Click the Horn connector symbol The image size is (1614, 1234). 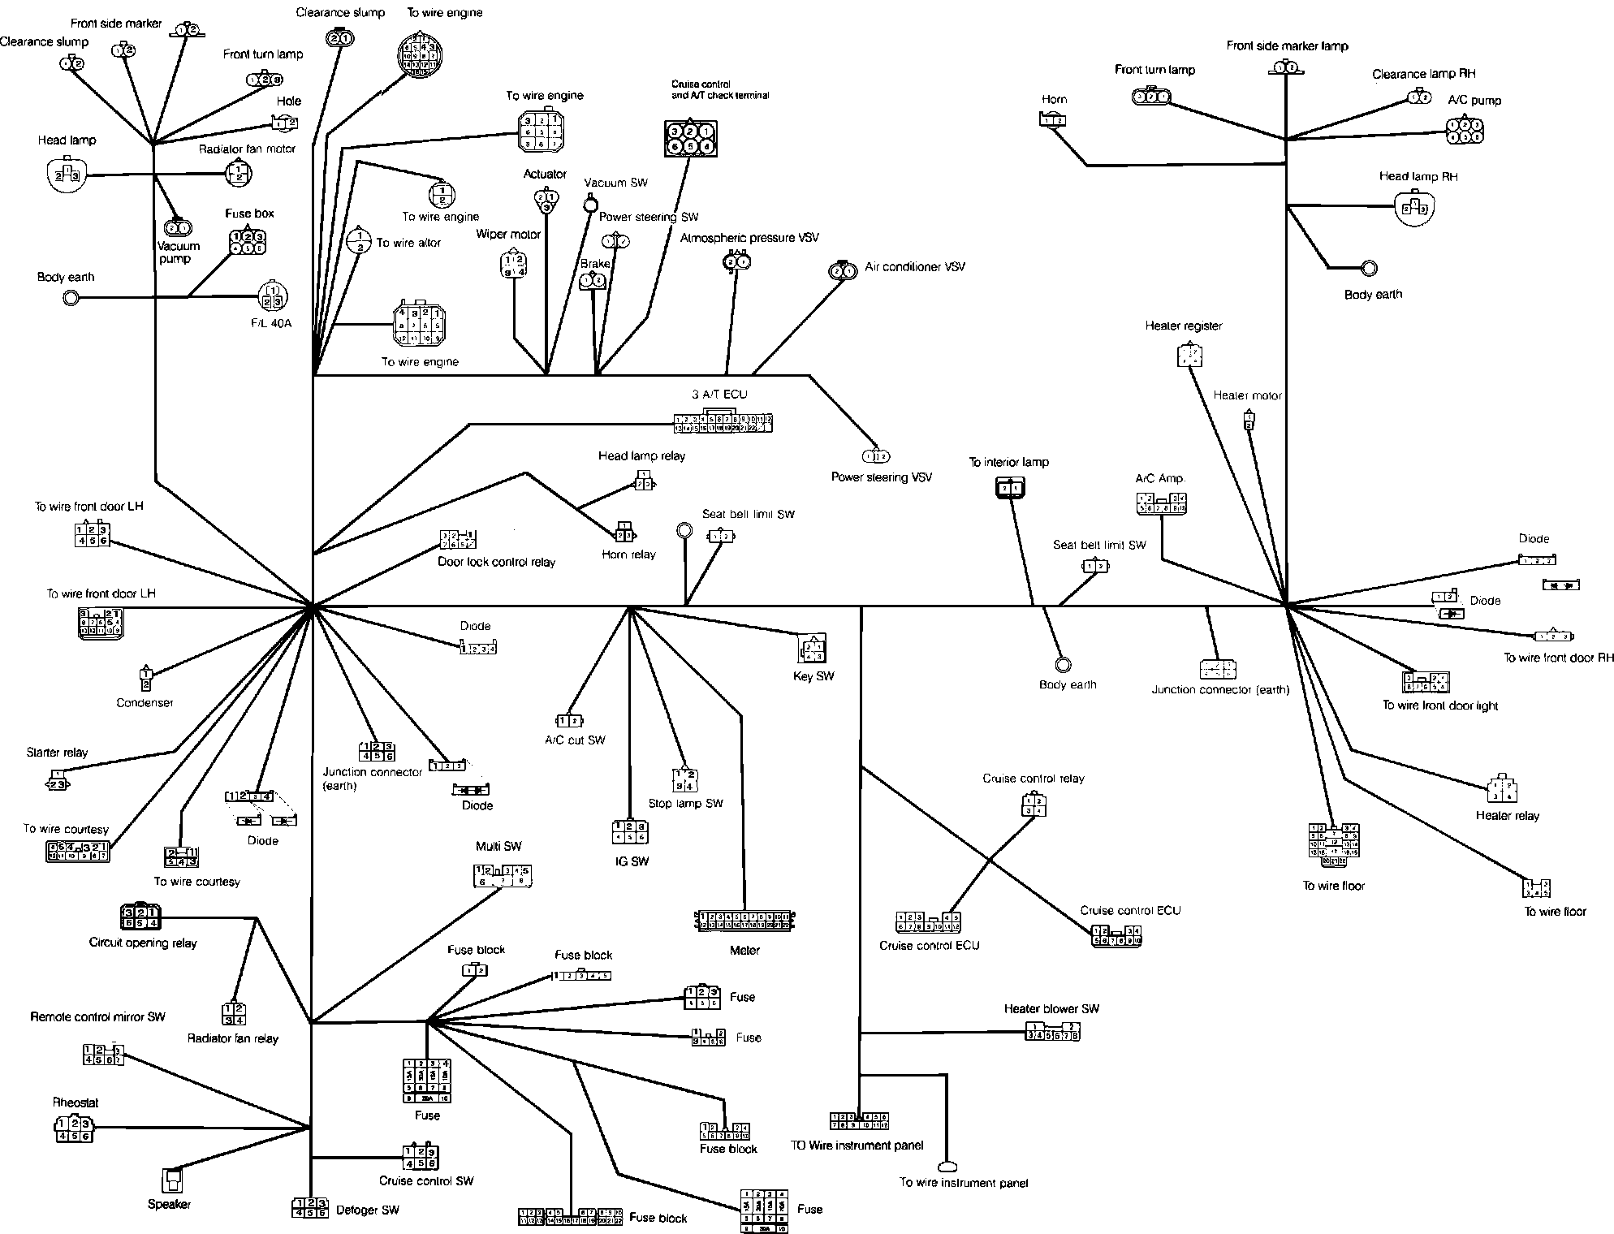(x=1052, y=120)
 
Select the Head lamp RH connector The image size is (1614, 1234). (x=1415, y=209)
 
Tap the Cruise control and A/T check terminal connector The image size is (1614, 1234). (x=690, y=138)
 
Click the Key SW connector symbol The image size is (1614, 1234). (x=813, y=650)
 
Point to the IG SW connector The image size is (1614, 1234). (x=630, y=831)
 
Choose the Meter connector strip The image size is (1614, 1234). (x=744, y=920)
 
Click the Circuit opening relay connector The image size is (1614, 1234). (x=140, y=917)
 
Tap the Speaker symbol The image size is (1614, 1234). (x=172, y=1180)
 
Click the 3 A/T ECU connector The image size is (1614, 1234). (x=722, y=423)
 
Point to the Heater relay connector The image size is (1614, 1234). (x=1502, y=790)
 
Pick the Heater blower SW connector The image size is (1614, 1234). (x=1052, y=1032)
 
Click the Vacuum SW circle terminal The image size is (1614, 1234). (x=590, y=204)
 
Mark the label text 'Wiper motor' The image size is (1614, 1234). (x=508, y=235)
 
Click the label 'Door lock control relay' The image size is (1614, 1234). (x=496, y=562)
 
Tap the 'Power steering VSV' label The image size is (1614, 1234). (x=881, y=477)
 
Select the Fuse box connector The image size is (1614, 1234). (x=248, y=242)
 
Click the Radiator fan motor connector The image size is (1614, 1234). (x=238, y=173)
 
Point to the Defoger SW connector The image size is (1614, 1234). (x=309, y=1208)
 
